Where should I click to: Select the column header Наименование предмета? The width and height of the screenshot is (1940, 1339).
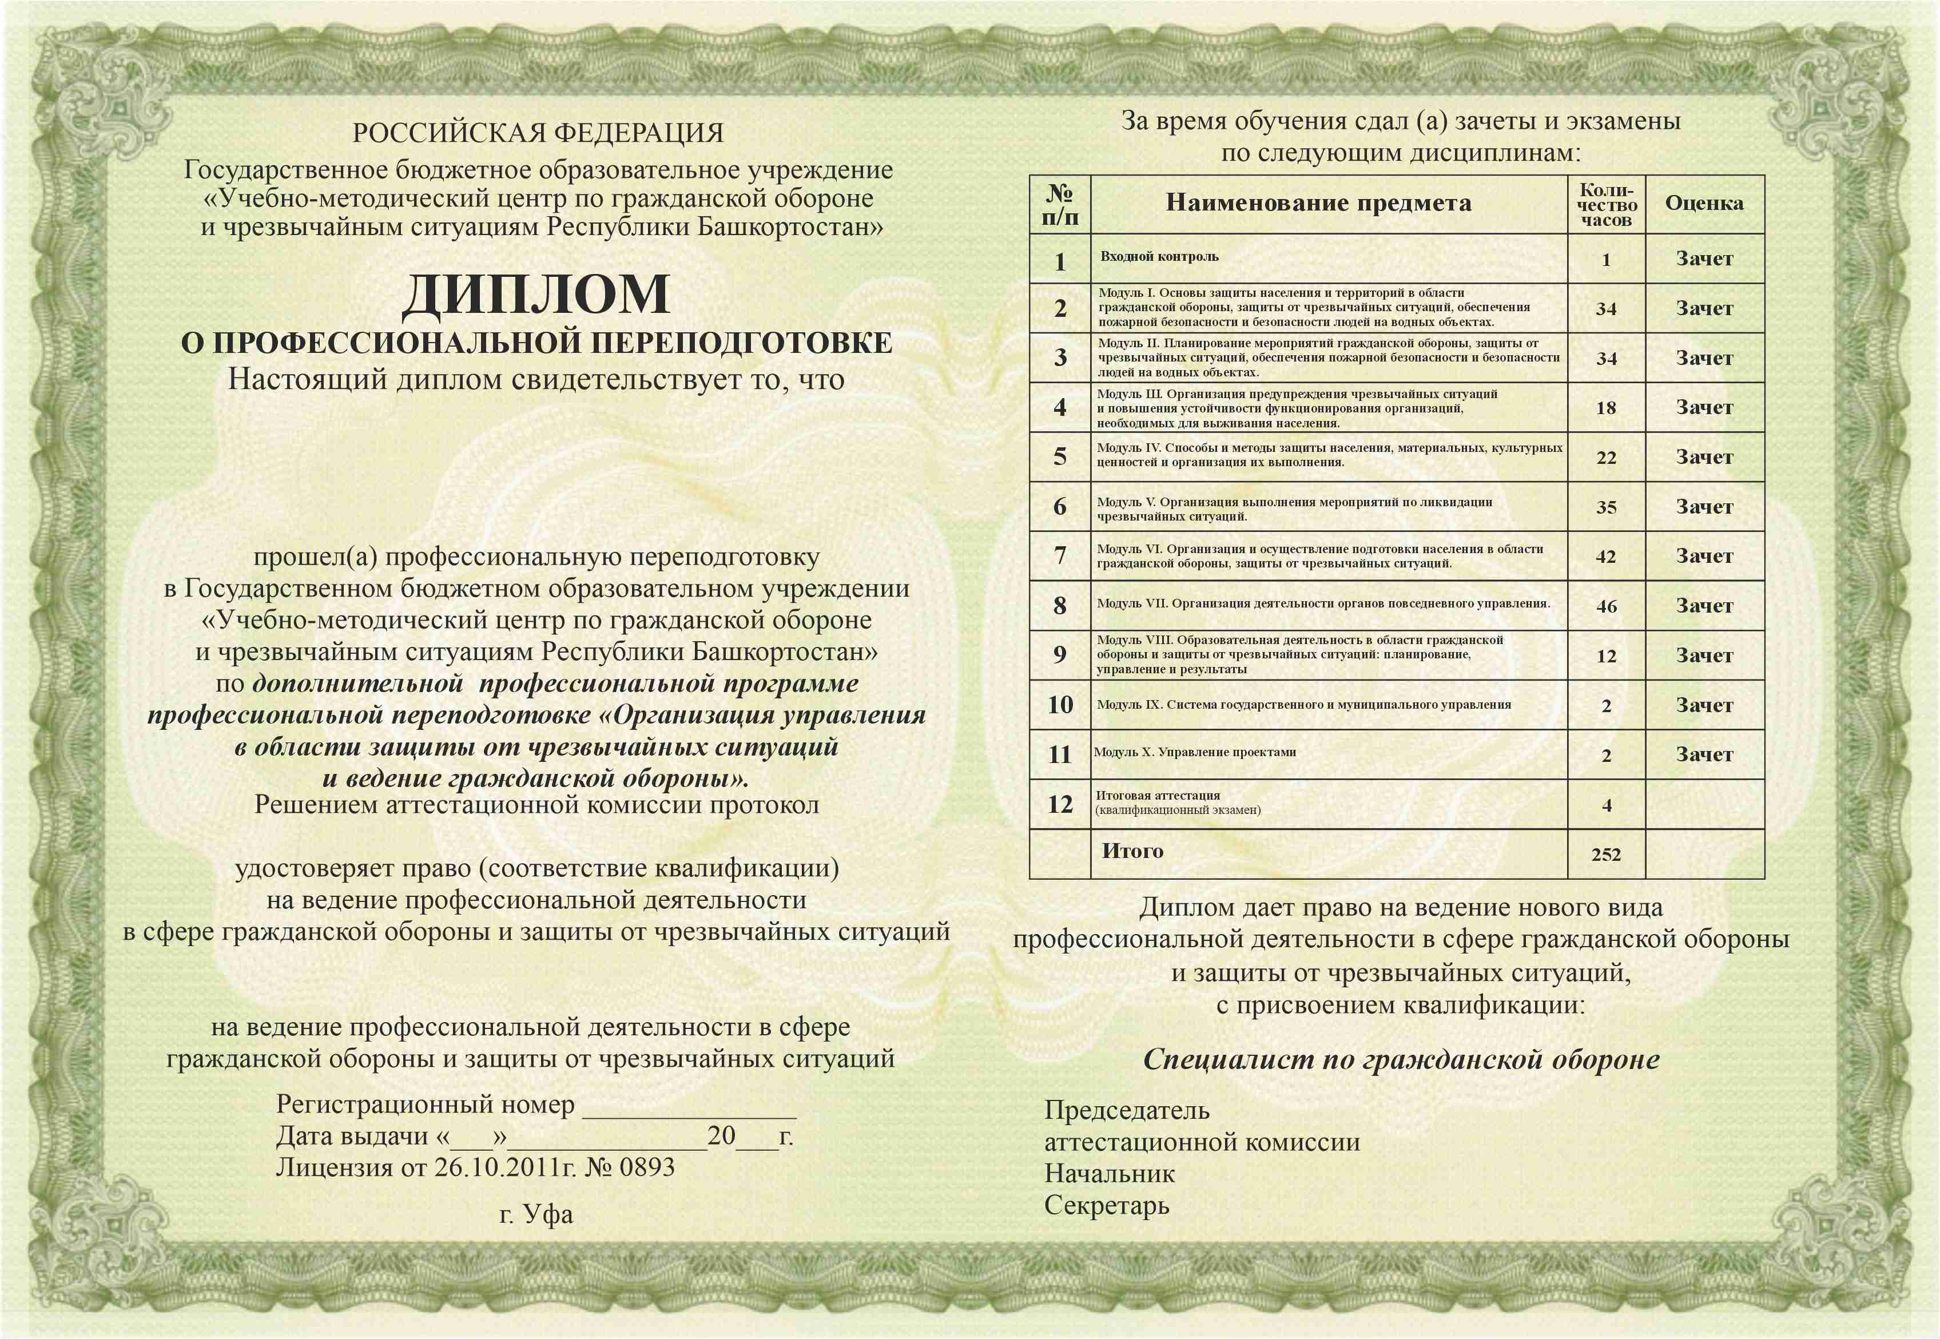tap(1318, 203)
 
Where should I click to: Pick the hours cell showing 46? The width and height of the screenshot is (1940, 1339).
tap(1605, 606)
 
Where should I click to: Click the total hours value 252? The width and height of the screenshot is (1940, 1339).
tap(1605, 854)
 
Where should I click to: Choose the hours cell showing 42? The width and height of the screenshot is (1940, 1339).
tap(1605, 556)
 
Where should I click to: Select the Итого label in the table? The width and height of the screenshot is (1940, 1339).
tap(1132, 851)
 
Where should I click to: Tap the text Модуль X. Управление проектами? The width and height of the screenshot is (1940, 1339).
tap(1195, 752)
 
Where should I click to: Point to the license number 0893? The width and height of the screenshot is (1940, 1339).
tap(647, 1167)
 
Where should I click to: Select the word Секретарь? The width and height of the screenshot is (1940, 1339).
tap(1106, 1206)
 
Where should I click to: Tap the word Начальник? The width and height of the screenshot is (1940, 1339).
tap(1109, 1174)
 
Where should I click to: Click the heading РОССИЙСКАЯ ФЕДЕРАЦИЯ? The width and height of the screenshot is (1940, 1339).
tap(538, 133)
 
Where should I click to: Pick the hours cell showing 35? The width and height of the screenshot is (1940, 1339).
tap(1605, 507)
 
